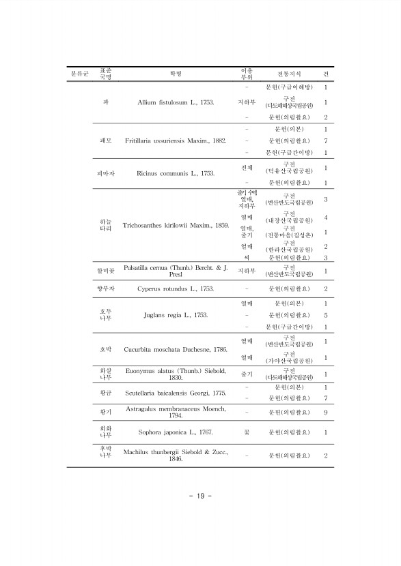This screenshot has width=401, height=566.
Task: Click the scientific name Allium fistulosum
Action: click(176, 102)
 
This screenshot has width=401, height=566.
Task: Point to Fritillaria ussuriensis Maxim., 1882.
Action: click(176, 140)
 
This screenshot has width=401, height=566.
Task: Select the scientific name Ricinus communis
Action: click(176, 175)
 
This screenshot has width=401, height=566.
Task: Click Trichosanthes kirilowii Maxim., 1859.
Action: click(176, 225)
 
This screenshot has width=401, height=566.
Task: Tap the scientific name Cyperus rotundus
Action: click(176, 289)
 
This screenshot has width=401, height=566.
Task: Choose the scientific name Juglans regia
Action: click(176, 315)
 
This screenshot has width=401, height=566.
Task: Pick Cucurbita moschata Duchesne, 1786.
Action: click(176, 349)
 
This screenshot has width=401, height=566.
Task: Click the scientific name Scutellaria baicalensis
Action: click(176, 393)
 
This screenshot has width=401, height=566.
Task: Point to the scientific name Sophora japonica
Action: click(176, 432)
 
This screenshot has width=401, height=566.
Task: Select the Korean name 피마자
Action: click(106, 174)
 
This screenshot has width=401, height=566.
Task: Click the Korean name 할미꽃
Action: click(106, 270)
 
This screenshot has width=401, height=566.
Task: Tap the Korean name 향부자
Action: click(106, 289)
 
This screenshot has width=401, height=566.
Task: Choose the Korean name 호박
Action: click(106, 349)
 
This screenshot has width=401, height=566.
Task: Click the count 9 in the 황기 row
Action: click(326, 413)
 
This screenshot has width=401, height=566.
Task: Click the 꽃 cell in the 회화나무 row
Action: click(246, 432)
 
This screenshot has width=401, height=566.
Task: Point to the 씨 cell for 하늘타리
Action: click(246, 258)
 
